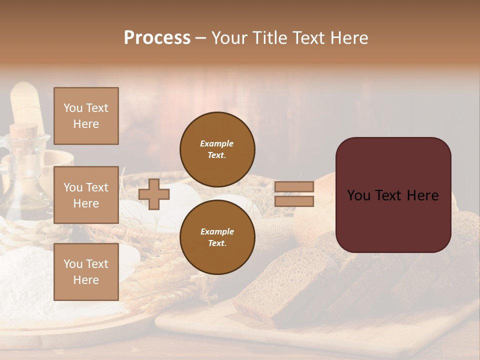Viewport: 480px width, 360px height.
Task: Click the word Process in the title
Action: click(157, 38)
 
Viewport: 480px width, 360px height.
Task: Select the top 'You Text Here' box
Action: click(86, 116)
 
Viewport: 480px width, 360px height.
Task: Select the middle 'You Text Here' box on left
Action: click(86, 195)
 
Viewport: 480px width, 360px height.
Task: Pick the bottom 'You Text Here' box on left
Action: click(86, 272)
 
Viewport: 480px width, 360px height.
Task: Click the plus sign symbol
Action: click(154, 194)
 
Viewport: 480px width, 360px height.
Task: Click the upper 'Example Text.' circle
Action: click(217, 149)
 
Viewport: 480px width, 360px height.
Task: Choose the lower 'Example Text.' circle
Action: click(217, 237)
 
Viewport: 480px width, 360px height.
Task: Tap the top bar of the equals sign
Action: click(294, 187)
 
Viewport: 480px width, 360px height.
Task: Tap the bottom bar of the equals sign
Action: click(294, 201)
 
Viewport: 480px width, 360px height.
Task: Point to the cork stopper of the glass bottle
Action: click(24, 132)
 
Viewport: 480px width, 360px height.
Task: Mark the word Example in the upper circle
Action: click(216, 143)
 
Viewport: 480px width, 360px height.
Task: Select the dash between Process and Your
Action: click(201, 38)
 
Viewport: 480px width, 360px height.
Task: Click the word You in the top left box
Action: click(72, 108)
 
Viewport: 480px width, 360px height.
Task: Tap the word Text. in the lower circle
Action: click(217, 243)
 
